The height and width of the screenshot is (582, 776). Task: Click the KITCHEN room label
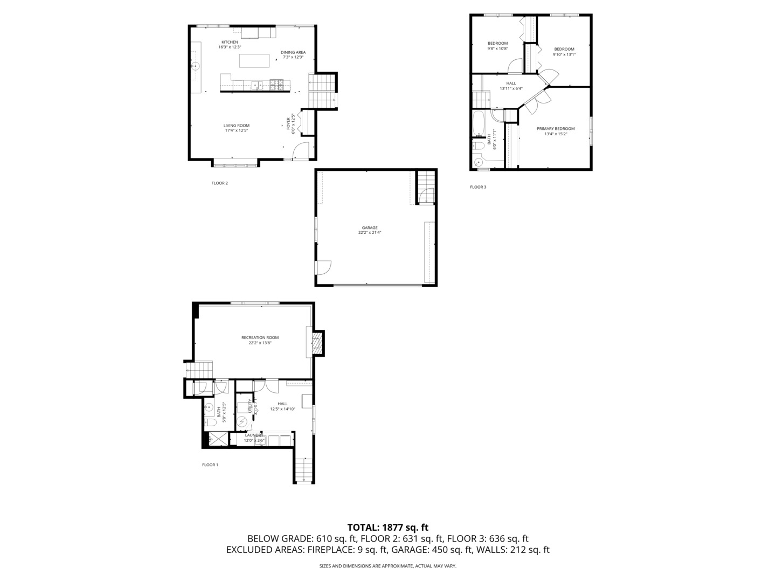[x=230, y=42]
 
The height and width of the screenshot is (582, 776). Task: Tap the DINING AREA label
[x=293, y=52]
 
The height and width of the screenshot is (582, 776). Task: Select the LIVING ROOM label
[x=237, y=126]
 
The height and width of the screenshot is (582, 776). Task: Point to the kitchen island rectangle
[x=254, y=60]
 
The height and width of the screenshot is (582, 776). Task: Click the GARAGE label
[x=370, y=227]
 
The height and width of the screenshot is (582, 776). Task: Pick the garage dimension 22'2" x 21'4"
[x=370, y=233]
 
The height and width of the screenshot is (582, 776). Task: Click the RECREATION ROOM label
[x=260, y=337]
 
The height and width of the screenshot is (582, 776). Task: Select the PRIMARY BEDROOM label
[x=556, y=129]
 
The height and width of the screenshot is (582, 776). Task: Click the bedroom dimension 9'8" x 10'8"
[x=497, y=48]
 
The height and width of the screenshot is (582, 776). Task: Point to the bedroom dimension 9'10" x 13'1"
[x=564, y=54]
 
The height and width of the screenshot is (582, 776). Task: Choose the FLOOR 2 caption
[x=219, y=183]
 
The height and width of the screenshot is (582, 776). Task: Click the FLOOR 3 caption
[x=478, y=187]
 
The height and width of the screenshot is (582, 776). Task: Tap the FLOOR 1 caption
[x=210, y=465]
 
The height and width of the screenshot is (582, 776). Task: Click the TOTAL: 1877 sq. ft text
[x=387, y=528]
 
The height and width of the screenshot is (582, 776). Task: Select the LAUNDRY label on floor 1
[x=254, y=435]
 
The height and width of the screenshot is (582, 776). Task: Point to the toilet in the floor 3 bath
[x=478, y=145]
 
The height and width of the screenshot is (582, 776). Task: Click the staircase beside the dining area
[x=322, y=83]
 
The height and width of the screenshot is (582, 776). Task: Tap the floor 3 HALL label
[x=511, y=83]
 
